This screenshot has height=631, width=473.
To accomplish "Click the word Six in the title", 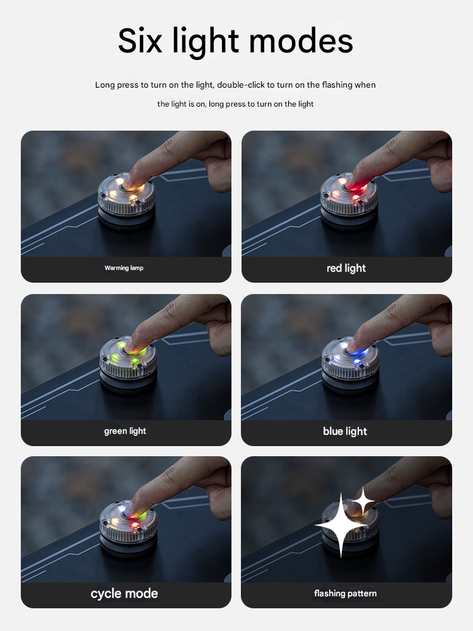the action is click(x=140, y=40).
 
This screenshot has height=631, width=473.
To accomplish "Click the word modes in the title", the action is click(x=301, y=40).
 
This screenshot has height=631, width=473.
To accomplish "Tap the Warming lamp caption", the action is click(x=124, y=268).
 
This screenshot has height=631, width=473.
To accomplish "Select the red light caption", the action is click(x=346, y=268).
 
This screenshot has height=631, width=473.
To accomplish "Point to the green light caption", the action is click(x=125, y=431).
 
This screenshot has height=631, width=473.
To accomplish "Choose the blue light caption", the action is click(x=345, y=431).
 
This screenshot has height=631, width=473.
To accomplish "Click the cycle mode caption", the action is click(x=124, y=594).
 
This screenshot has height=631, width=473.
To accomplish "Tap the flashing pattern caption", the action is click(x=346, y=593).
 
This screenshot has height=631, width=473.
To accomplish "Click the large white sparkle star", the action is click(x=341, y=526).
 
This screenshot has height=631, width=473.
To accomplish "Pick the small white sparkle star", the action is click(x=363, y=500).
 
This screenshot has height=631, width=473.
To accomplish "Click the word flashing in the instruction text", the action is click(x=337, y=85).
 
